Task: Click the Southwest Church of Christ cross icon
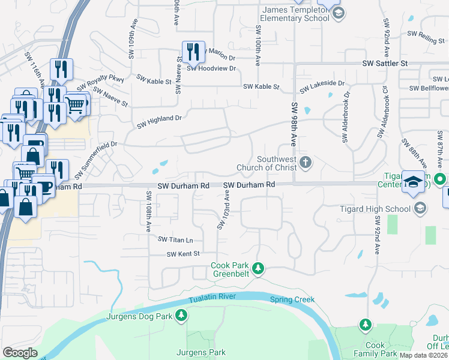click(x=306, y=162)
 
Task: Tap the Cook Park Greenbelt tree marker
click(x=258, y=268)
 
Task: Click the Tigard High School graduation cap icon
click(x=420, y=208)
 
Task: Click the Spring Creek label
click(x=292, y=299)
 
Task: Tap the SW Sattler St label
click(x=385, y=63)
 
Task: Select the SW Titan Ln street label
click(x=175, y=239)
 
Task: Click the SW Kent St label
click(x=183, y=254)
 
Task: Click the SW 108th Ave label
click(x=148, y=212)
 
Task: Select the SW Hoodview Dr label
click(x=211, y=68)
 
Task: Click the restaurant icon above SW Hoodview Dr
click(x=193, y=52)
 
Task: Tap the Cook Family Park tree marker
click(x=365, y=325)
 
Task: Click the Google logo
click(x=20, y=353)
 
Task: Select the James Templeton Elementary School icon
click(x=338, y=14)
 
